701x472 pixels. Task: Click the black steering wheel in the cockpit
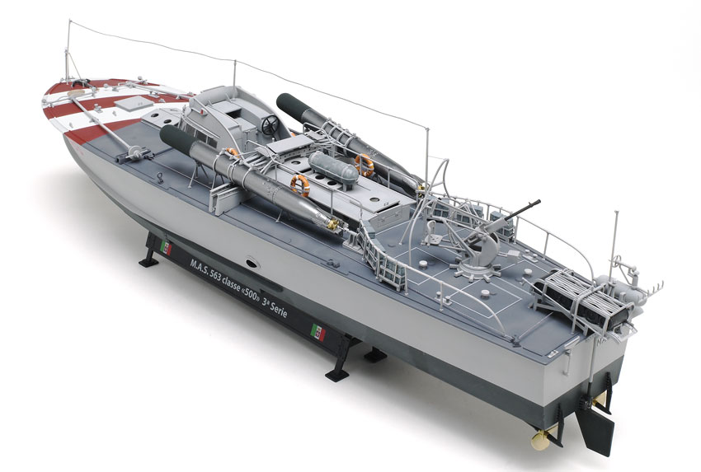pos(270,125)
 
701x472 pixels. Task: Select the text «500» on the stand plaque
pos(252,296)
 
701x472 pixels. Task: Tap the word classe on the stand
pos(232,285)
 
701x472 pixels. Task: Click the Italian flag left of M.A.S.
pos(166,247)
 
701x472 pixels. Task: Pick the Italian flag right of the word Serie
pos(318,332)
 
